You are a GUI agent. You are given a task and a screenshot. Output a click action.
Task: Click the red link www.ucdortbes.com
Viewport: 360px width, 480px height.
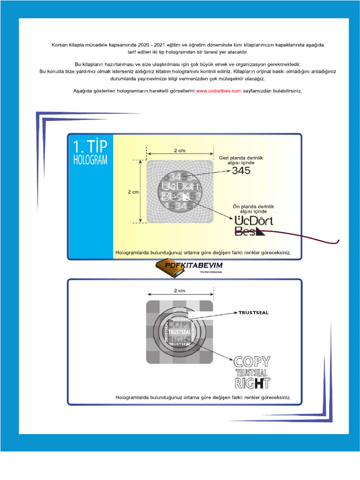coord(218,91)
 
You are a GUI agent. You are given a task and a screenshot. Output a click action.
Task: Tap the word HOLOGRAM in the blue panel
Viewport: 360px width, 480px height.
coord(90,160)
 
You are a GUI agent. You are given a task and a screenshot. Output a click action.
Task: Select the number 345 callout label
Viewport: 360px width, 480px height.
coord(241,171)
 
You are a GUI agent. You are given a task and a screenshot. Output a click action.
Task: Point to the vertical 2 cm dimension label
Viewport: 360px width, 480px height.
coord(133,192)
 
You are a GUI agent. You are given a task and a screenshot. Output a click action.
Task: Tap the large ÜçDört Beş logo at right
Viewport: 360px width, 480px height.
coord(253,225)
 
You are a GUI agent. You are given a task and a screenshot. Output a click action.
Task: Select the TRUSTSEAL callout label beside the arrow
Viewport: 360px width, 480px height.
coord(254,313)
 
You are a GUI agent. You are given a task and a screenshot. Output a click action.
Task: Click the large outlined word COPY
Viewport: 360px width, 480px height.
coord(252,362)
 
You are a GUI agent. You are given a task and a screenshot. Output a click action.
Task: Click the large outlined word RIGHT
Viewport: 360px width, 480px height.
coord(252,383)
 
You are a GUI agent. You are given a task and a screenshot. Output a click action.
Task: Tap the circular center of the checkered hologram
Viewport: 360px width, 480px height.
coord(180,332)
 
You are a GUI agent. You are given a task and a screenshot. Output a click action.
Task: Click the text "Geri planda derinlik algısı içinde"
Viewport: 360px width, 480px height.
coord(241,160)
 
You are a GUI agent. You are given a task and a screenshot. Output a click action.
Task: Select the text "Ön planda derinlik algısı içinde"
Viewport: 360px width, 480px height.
coord(253,209)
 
